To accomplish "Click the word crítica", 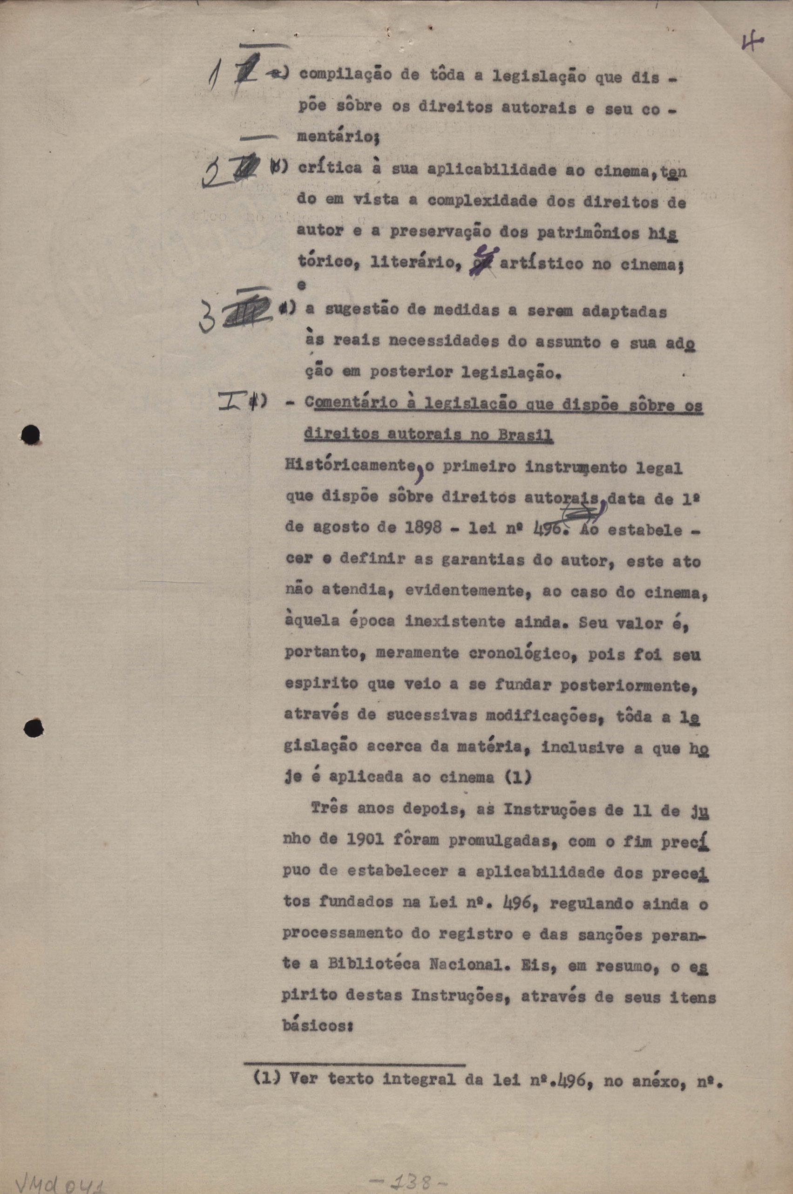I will point(328,170).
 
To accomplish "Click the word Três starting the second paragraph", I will point(328,810).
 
